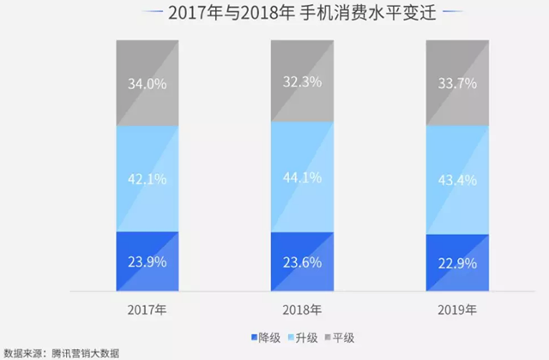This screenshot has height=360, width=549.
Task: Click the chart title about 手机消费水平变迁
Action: click(x=274, y=15)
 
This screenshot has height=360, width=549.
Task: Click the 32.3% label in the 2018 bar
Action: click(x=301, y=81)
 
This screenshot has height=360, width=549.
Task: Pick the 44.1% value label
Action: click(x=301, y=177)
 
